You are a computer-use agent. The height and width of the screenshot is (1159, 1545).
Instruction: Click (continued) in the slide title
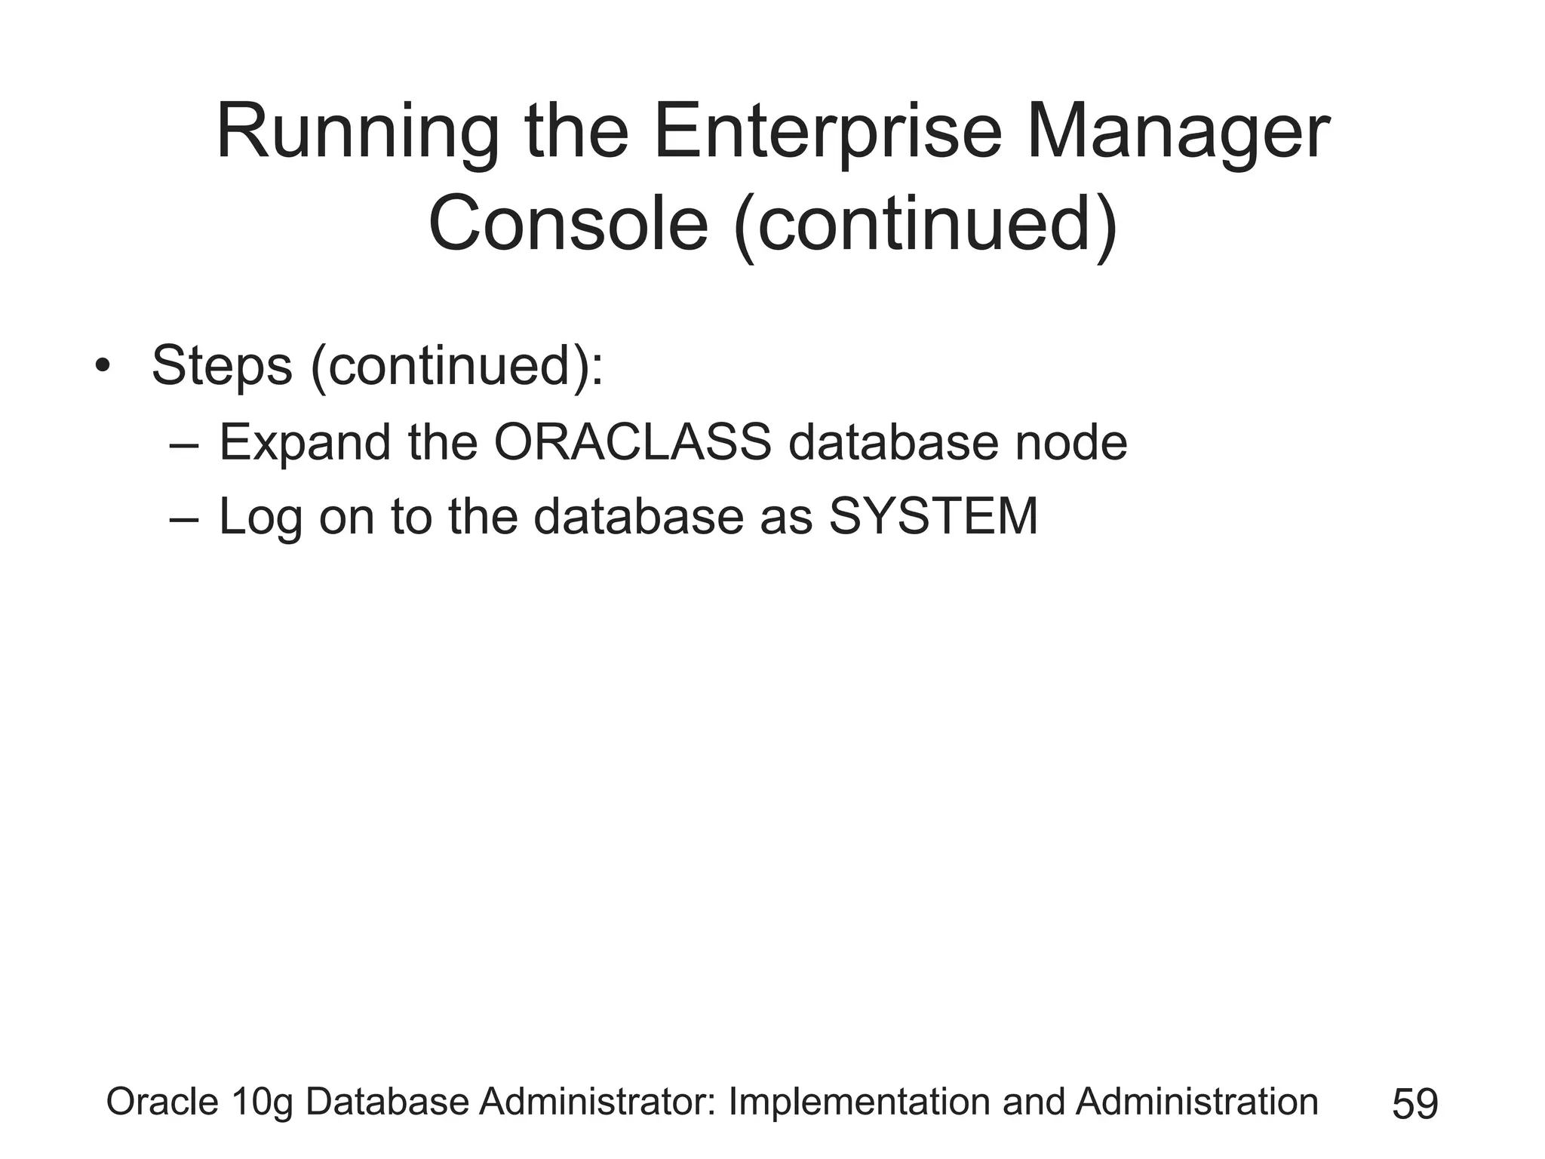tap(926, 225)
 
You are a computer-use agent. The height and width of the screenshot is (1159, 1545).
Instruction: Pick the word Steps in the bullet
tap(222, 367)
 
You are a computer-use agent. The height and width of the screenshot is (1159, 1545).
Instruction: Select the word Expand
tap(305, 443)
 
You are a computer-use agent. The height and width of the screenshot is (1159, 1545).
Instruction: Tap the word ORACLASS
tap(633, 443)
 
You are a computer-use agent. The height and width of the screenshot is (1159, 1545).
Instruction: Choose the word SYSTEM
tap(933, 517)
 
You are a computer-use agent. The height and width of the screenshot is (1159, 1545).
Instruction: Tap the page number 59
tap(1415, 1104)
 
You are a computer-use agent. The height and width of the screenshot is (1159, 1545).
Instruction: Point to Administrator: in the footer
tap(600, 1102)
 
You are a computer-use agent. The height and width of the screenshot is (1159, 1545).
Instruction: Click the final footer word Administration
tap(1196, 1102)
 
